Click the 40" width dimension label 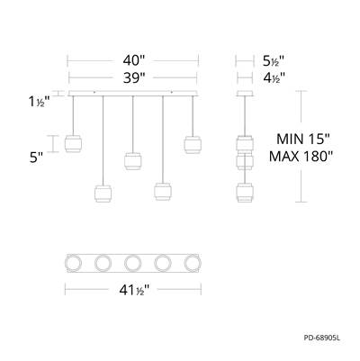tap(134, 61)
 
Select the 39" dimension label tap(134, 78)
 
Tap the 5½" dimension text tap(274, 61)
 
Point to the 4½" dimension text tap(274, 78)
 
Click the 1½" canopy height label tap(39, 103)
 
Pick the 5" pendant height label tap(35, 158)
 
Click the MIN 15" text tap(303, 140)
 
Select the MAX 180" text tap(301, 157)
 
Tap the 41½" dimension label tap(134, 290)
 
